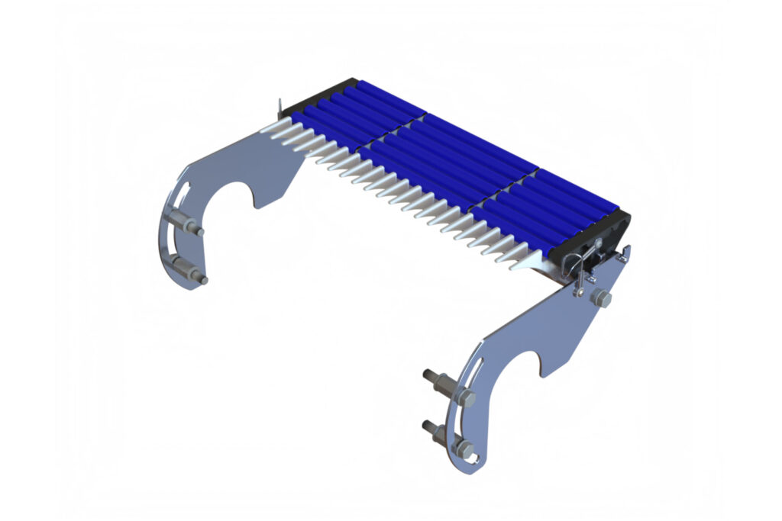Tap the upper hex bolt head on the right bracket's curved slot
click(466, 397)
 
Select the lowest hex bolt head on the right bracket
click(464, 447)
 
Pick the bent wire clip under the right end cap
click(569, 263)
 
